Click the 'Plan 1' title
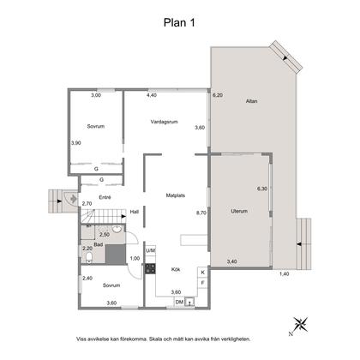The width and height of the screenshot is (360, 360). (179, 22)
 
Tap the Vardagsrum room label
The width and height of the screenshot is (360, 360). (165, 122)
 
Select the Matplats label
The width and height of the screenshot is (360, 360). (176, 195)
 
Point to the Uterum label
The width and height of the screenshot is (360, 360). (239, 211)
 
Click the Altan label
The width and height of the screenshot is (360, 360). (251, 101)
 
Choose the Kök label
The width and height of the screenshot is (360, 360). (176, 269)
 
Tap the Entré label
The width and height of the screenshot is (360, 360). (105, 197)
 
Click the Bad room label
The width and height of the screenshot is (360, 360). (99, 244)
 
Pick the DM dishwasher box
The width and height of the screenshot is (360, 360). (179, 302)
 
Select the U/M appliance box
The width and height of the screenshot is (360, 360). (151, 250)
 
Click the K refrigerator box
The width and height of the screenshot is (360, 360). (202, 273)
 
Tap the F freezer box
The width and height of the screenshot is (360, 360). (202, 283)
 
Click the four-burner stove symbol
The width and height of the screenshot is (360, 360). (150, 268)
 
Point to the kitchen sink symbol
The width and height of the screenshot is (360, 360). (189, 302)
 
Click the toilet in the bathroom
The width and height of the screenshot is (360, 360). (89, 257)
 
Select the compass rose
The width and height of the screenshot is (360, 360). (301, 325)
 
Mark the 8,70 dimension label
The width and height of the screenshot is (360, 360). (201, 213)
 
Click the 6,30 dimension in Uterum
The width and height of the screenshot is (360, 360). (262, 189)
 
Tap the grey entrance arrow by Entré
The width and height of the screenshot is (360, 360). (73, 198)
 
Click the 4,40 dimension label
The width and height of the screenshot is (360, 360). (152, 95)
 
